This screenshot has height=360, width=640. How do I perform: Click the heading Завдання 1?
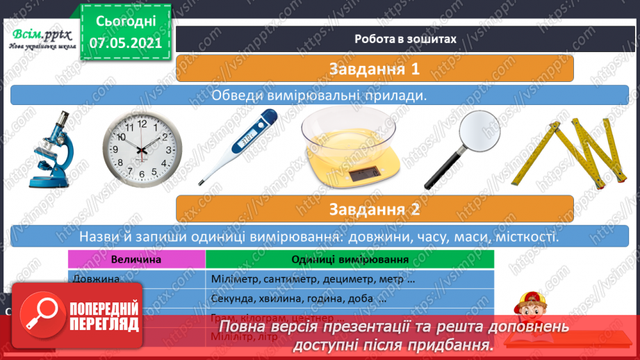pos(375,69)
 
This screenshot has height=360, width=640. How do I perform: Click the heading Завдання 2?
pos(375,208)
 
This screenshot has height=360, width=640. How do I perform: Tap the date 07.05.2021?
pos(125,42)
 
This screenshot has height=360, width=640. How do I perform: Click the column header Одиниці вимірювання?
pos(350,259)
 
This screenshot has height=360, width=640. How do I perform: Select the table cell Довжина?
pos(95,279)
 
